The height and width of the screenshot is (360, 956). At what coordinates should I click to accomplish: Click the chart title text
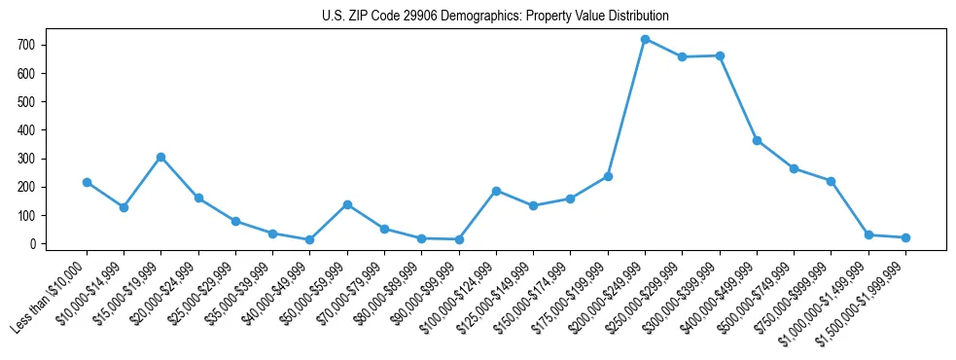coord(495,17)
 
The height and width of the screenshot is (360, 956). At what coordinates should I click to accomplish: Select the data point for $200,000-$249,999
coord(645,39)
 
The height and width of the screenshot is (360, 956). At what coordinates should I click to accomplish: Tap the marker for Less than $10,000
coord(87,182)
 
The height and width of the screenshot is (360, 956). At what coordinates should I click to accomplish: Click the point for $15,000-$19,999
coord(160,157)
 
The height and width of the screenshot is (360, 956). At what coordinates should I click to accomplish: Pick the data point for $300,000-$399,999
coord(720,55)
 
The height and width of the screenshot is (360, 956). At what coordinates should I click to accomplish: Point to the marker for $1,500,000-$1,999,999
coord(905,237)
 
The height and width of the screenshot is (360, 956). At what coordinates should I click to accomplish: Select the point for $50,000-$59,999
coord(347,204)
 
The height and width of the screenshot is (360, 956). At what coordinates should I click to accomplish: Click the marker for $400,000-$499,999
coord(757,140)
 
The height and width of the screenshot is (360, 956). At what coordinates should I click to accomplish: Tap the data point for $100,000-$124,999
coord(496,191)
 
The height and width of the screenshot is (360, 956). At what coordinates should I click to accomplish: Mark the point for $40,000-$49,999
coord(309,239)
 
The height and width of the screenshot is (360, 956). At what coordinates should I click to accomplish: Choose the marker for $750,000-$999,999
coord(831,181)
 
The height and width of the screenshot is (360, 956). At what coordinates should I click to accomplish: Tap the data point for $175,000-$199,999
coord(608,176)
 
